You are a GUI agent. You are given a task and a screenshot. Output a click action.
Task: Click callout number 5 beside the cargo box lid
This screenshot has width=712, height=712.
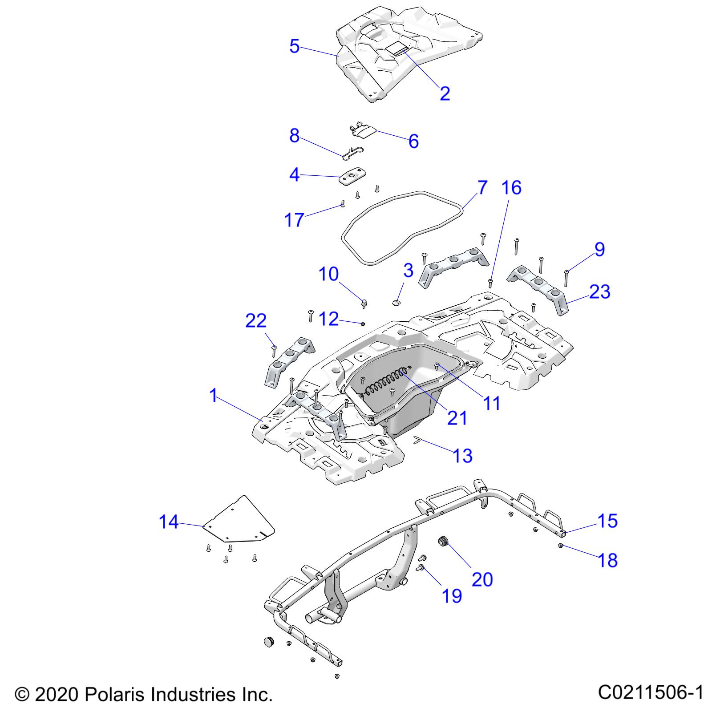(294, 46)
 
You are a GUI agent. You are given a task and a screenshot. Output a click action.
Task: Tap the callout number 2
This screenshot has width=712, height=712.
(445, 93)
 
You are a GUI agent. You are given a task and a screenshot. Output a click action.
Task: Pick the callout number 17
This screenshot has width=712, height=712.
(294, 220)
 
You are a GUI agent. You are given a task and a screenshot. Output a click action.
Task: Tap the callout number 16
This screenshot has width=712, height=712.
(511, 188)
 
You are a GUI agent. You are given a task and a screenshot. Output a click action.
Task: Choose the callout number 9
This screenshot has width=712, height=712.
(599, 250)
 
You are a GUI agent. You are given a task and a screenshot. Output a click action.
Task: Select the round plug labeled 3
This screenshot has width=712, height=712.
(396, 303)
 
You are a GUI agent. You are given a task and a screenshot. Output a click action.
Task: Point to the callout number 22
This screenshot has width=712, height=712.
(256, 321)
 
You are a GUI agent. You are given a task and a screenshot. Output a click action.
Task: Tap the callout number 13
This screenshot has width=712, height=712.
(462, 455)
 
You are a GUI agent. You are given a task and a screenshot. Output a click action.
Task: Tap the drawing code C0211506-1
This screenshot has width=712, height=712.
(651, 692)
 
